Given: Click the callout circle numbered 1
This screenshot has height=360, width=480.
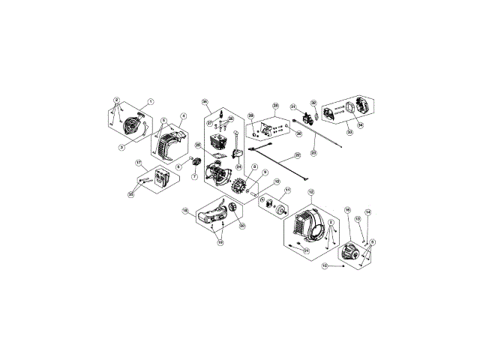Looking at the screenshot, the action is pyautogui.click(x=150, y=102).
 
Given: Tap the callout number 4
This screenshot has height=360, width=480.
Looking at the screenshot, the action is pyautogui.click(x=184, y=116).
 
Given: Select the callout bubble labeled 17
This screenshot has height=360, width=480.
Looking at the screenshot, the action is pyautogui.click(x=139, y=162).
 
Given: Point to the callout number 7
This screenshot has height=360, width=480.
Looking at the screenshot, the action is pyautogui.click(x=194, y=178).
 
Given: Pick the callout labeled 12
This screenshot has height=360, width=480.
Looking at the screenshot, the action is pyautogui.click(x=311, y=193).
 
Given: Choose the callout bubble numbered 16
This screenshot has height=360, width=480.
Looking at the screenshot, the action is pyautogui.click(x=348, y=210).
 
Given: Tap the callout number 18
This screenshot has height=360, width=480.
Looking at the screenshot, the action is pyautogui.click(x=185, y=211).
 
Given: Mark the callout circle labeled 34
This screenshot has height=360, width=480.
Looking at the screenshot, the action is pyautogui.click(x=361, y=125).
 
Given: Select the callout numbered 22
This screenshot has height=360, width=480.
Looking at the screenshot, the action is pyautogui.click(x=297, y=156).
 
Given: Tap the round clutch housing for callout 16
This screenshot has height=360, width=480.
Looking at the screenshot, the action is pyautogui.click(x=350, y=251).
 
